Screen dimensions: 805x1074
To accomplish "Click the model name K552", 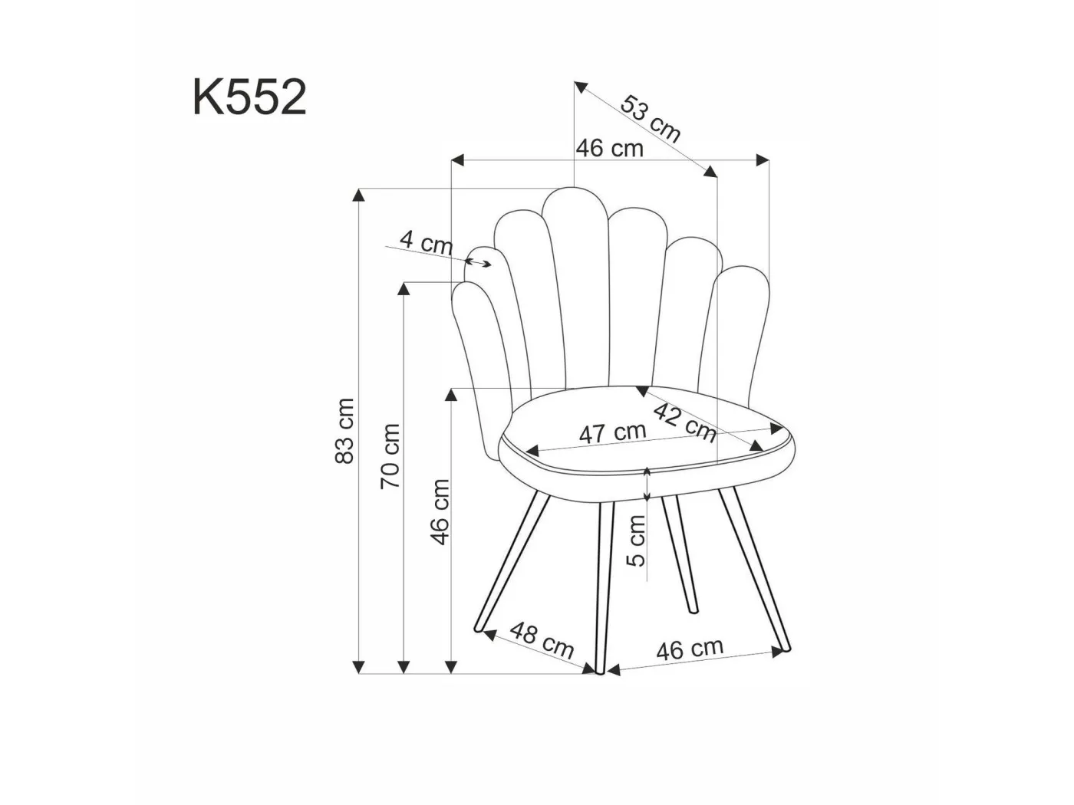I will click(x=249, y=97).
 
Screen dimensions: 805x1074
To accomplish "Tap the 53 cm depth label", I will click(x=651, y=119).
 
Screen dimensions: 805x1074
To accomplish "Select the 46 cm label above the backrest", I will click(x=610, y=147).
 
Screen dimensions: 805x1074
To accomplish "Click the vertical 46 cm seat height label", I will click(x=439, y=511).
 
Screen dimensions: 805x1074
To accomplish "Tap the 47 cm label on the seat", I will click(x=612, y=432).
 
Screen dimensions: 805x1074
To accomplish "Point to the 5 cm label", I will click(x=636, y=540).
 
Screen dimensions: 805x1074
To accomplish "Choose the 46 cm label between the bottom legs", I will click(x=689, y=649).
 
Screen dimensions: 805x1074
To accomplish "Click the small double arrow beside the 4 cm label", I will click(x=479, y=263).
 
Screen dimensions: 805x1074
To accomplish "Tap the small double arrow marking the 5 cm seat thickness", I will click(x=647, y=483).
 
